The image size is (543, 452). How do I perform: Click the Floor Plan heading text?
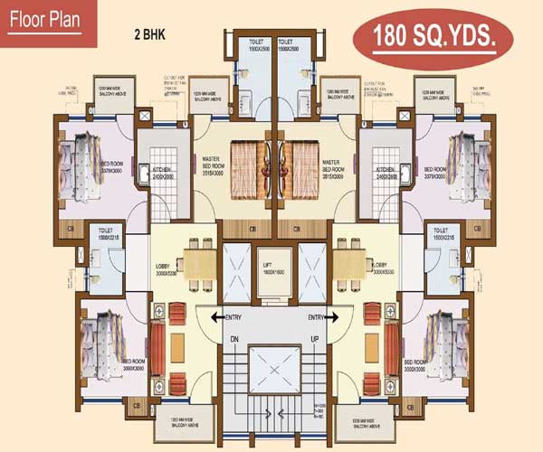coord(47,20)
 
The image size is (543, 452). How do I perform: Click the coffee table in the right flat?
coord(370,350)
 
